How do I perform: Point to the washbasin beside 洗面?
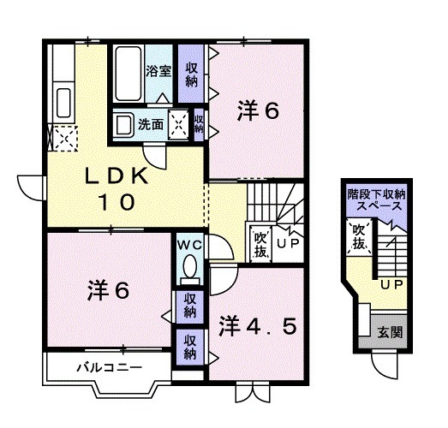[x=124, y=124]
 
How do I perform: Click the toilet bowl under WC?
[x=189, y=268]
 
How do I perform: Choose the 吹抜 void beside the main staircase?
[x=260, y=243]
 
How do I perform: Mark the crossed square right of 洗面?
[x=181, y=123]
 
